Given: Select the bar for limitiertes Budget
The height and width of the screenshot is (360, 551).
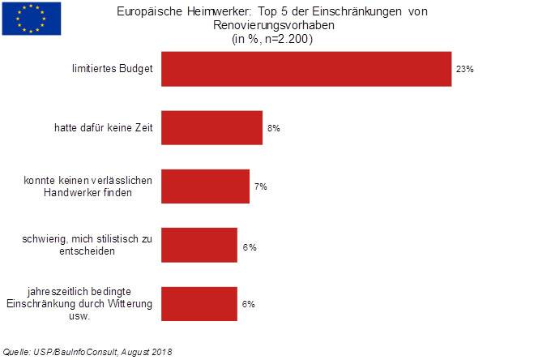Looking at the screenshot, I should pos(306,69).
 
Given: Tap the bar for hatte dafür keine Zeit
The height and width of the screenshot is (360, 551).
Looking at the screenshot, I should pos(211,127).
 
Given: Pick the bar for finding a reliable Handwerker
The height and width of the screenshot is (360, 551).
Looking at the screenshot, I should pos(205,186).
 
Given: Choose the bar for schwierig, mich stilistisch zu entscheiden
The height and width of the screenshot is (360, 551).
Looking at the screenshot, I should pos(199,245).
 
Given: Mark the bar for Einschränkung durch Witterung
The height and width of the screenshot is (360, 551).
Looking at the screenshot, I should pos(199,303).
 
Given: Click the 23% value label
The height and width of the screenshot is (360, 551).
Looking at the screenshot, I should pos(464,70).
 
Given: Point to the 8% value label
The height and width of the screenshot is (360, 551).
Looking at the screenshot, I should pos(274,128).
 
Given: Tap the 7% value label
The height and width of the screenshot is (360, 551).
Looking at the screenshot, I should pos(261,186).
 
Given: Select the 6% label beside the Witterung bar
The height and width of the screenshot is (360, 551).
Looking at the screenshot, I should pos(249,304).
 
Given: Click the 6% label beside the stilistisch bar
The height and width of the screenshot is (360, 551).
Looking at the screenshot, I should pos(249,246).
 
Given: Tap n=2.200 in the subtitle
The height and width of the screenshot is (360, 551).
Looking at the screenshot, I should pos(291,38).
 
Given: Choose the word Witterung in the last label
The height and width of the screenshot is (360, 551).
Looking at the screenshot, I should pos(130,303).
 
